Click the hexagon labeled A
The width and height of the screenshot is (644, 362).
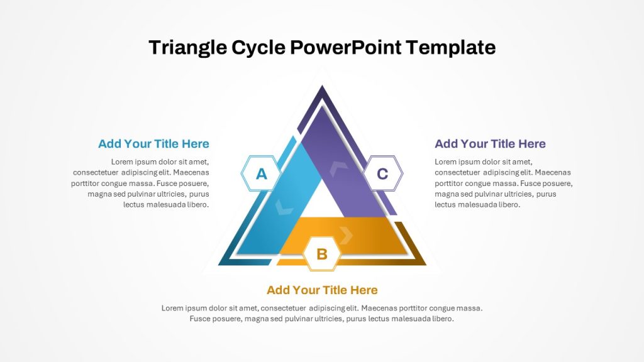261,173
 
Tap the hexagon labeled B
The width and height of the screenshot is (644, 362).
322,254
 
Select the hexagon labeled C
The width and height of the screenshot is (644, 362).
383,173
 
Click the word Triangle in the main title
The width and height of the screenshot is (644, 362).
187,48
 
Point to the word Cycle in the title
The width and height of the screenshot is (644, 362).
258,48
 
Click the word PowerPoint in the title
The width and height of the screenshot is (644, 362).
346,47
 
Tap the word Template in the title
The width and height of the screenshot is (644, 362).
450,48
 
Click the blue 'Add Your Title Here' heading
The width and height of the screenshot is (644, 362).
153,144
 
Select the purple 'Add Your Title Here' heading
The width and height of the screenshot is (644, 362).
490,144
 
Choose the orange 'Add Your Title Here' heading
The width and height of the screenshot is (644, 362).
322,290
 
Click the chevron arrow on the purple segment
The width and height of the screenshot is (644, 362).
338,168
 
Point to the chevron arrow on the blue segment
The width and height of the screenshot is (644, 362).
284,207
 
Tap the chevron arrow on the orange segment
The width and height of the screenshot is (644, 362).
347,235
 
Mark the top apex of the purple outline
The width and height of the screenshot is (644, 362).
322,85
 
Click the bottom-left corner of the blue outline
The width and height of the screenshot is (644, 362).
218,265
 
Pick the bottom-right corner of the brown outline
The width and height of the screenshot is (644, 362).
426,265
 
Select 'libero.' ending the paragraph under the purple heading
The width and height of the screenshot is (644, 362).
509,204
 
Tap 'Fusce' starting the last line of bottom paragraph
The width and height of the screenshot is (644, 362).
200,319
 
